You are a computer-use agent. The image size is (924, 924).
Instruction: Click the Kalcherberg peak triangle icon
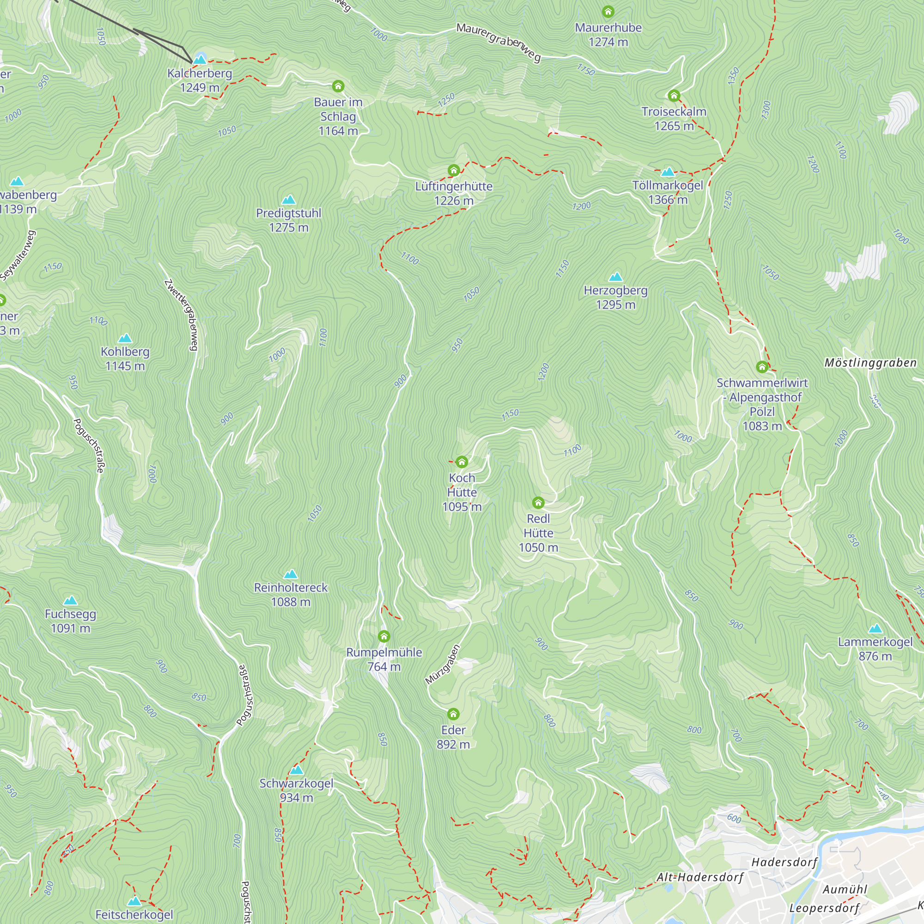click(200, 59)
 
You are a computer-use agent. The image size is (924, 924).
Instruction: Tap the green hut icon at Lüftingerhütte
click(453, 170)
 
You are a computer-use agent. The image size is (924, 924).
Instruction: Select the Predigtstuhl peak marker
click(288, 200)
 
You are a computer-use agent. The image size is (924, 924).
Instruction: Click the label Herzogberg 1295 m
click(615, 297)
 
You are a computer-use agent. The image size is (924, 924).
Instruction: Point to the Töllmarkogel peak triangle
click(668, 172)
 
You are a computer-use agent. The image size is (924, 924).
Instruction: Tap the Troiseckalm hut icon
click(674, 96)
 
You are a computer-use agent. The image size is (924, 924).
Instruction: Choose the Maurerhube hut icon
click(608, 12)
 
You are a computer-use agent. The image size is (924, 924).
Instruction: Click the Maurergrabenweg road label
click(498, 42)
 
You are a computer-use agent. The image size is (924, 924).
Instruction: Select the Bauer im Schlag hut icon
click(338, 86)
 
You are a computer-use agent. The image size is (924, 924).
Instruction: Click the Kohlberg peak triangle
click(125, 338)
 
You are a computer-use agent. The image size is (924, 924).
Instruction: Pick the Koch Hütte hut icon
click(462, 462)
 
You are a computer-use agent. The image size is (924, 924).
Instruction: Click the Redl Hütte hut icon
click(538, 503)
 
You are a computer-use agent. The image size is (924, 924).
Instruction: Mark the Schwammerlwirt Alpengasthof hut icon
click(762, 367)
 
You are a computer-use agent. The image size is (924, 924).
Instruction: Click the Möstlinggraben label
click(870, 363)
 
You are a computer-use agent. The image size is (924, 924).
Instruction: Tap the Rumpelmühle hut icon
click(383, 637)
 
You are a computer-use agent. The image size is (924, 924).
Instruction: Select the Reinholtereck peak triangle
click(290, 574)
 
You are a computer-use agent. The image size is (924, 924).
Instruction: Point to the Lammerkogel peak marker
click(875, 628)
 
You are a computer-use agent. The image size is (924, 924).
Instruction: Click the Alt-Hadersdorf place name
click(699, 877)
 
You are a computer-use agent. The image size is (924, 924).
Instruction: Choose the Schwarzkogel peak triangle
click(297, 770)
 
